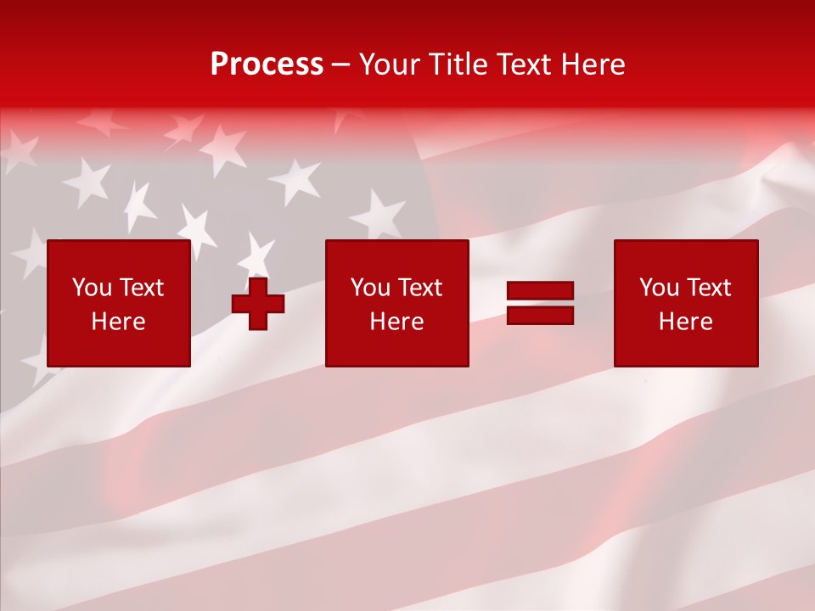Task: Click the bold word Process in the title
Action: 267,64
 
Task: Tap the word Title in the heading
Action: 456,64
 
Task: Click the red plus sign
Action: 258,304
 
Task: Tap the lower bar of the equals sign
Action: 540,316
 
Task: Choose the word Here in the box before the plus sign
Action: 118,322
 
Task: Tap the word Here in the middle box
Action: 396,322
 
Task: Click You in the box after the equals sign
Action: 660,288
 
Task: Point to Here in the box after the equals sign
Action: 685,322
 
